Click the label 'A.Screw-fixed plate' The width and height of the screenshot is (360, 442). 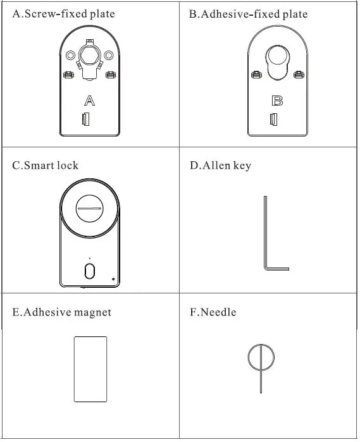point(63,14)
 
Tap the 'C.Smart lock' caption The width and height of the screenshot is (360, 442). point(46,166)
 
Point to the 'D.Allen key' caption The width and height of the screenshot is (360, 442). point(220,166)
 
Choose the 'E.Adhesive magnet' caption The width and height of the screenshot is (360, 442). point(62,312)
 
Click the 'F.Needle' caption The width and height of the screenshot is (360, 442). point(213,312)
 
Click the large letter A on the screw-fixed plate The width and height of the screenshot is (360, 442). point(90,101)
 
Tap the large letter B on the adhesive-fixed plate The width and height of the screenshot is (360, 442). point(276,101)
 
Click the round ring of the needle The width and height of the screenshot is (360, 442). point(260,357)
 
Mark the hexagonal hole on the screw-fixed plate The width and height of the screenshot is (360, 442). point(90,53)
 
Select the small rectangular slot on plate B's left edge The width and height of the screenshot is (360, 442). point(273,118)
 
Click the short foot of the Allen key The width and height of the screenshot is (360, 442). point(277,269)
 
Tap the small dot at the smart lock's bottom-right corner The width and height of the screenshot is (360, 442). point(113,279)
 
